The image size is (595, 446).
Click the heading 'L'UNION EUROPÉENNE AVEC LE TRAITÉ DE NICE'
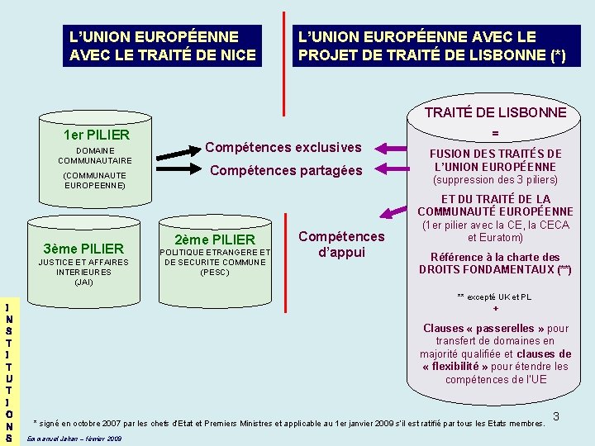[x=163, y=46]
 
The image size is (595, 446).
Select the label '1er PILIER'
[x=96, y=134]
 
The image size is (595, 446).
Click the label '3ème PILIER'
[x=83, y=249]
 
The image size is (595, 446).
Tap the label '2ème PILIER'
[x=216, y=240]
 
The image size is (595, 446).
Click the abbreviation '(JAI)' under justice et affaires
[x=83, y=282]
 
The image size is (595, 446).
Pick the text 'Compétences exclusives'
[x=283, y=147]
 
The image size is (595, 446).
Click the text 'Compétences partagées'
[x=285, y=170]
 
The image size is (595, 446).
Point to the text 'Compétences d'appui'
[x=341, y=244]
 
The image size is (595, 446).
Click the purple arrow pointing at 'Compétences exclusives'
[x=389, y=148]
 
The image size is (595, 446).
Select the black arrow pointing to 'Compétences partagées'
[x=178, y=172]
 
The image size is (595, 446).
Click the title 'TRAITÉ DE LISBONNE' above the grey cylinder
[x=495, y=112]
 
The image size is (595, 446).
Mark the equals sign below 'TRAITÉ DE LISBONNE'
[x=495, y=132]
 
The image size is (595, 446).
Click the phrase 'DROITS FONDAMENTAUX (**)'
[x=495, y=270]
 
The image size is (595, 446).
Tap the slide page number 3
[x=556, y=416]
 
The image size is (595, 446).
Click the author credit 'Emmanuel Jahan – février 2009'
[x=75, y=438]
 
